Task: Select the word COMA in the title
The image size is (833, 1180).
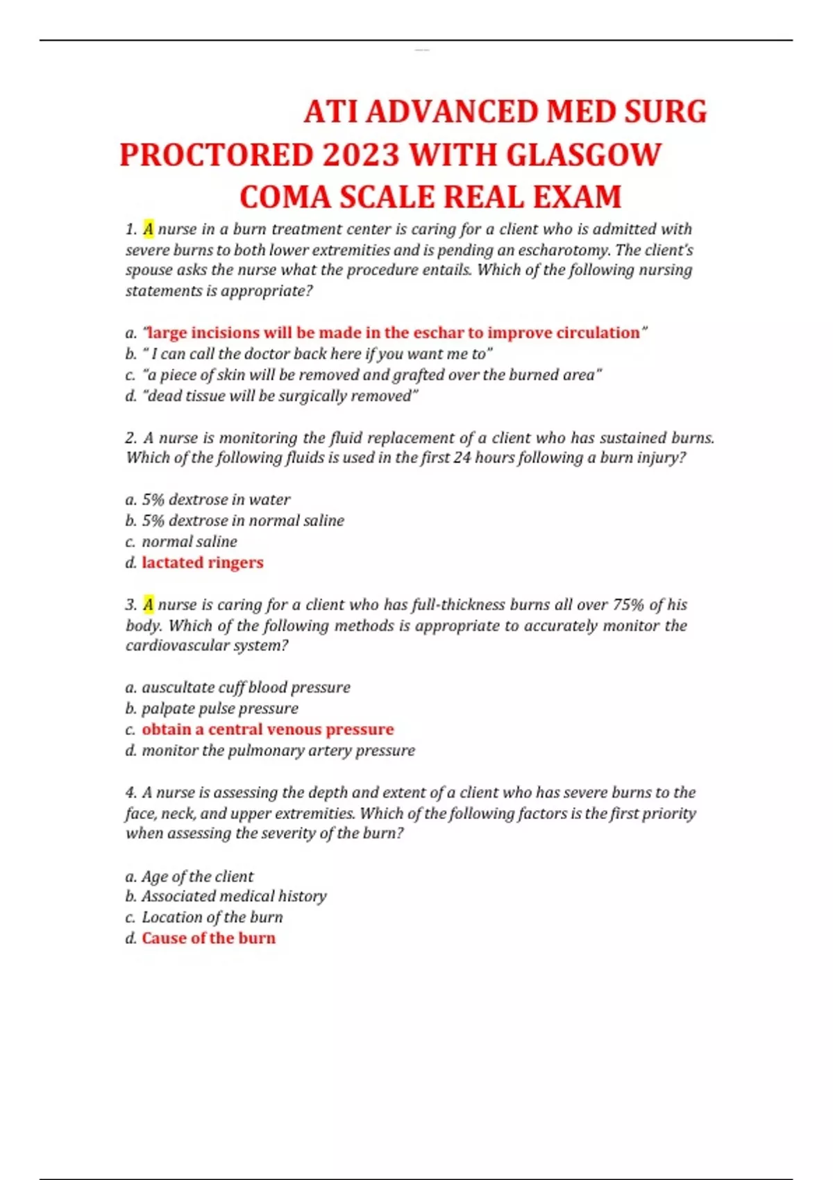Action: point(285,197)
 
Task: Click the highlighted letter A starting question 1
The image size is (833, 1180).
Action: point(149,229)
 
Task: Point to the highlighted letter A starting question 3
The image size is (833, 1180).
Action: point(149,605)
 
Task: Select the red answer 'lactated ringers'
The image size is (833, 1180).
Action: point(203,562)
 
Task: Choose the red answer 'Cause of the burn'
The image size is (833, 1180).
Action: point(208,938)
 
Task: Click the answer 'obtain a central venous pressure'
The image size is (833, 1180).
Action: point(267,730)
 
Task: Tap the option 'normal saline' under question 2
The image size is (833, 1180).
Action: point(189,541)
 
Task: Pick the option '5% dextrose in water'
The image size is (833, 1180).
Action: point(216,500)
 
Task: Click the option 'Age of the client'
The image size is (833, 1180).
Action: point(197,876)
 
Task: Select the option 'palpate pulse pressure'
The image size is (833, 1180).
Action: point(219,709)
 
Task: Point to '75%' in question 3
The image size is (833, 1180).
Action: point(628,605)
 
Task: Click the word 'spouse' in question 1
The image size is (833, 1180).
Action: point(148,270)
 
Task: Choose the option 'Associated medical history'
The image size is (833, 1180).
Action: point(234,896)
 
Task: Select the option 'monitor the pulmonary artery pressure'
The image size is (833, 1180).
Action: point(278,750)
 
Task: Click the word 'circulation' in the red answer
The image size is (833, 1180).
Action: point(598,333)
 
